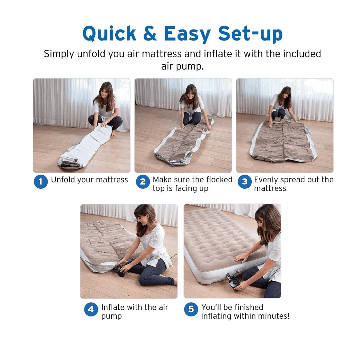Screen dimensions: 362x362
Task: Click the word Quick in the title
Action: [109, 34]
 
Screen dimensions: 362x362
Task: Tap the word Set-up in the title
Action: [250, 34]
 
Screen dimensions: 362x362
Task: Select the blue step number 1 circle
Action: [41, 182]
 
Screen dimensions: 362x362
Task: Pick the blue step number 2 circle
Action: [143, 182]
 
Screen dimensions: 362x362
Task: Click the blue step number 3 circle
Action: [245, 182]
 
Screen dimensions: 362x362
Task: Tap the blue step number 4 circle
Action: [91, 309]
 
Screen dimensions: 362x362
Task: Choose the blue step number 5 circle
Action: [191, 309]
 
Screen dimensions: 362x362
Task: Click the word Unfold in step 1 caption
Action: [63, 180]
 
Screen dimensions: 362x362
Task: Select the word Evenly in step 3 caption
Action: [266, 180]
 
